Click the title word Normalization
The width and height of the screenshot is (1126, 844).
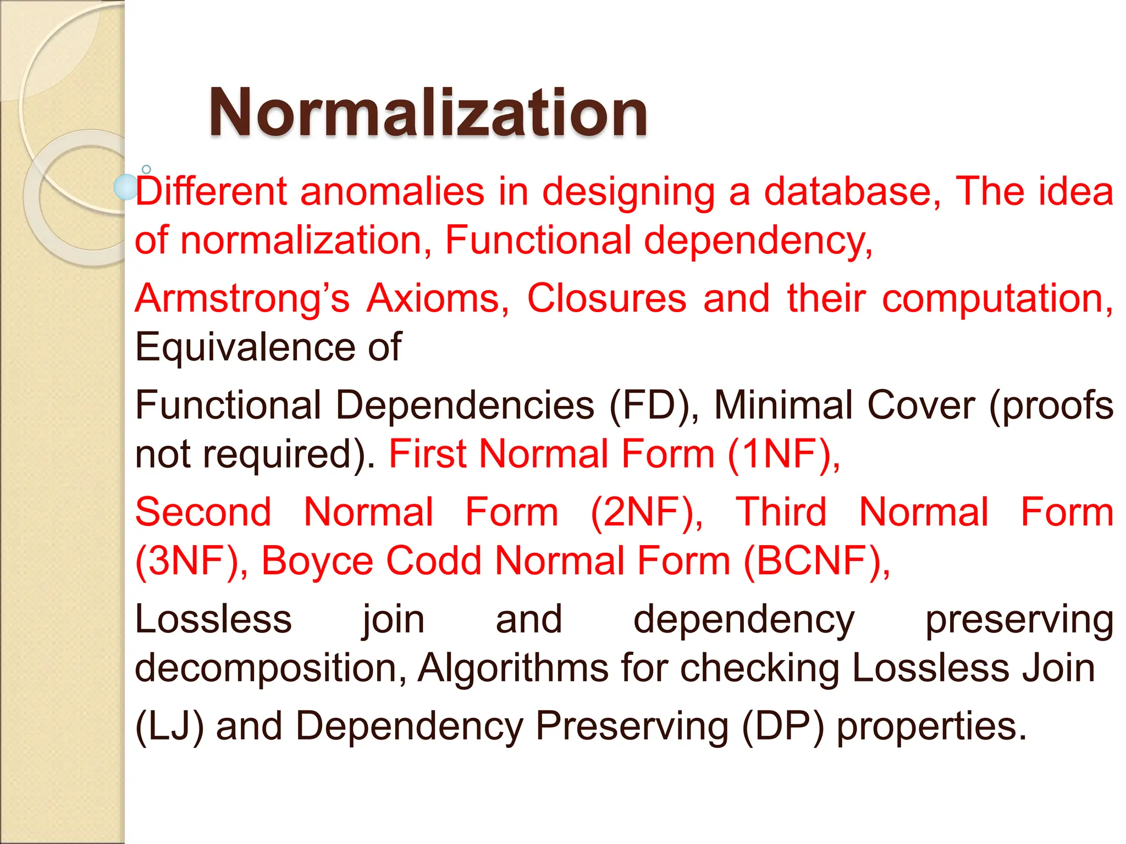428,113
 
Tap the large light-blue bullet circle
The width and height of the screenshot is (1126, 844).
125,187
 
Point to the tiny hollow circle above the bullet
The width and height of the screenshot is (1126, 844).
146,169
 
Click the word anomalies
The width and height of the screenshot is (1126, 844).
392,191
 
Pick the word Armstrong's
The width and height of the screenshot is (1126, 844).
242,298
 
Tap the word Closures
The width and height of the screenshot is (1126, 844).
606,298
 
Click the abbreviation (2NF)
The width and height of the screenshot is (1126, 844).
645,512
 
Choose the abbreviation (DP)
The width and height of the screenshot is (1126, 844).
783,726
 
